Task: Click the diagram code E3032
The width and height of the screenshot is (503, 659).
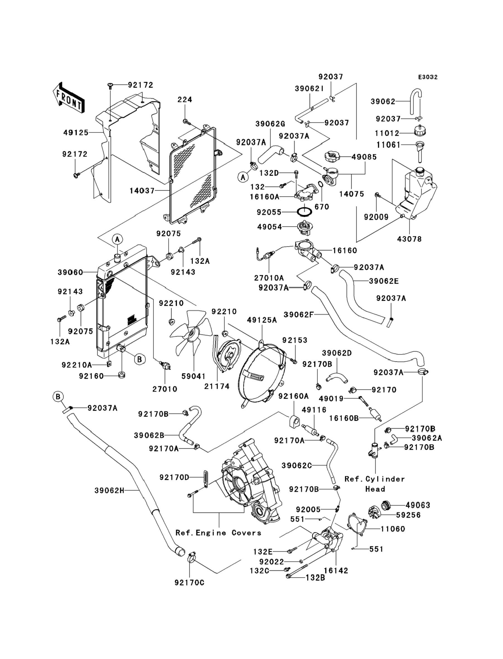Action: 428,77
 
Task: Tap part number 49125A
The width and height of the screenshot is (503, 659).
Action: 262,320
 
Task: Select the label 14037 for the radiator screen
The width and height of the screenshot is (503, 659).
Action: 142,191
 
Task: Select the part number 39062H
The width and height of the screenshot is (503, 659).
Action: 110,490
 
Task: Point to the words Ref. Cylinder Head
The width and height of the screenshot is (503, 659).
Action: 375,484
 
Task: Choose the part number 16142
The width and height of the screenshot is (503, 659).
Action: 336,571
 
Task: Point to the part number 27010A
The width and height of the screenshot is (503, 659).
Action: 269,278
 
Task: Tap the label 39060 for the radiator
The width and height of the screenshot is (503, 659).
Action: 70,272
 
